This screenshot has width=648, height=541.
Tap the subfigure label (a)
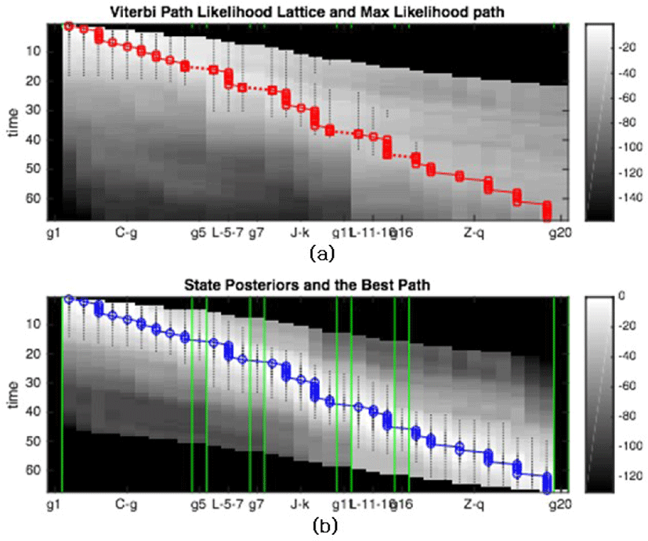[323, 253]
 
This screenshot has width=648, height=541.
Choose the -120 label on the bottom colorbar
[620, 475]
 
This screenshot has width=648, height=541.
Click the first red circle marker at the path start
[69, 26]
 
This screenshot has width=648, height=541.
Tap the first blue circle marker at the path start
[69, 299]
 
